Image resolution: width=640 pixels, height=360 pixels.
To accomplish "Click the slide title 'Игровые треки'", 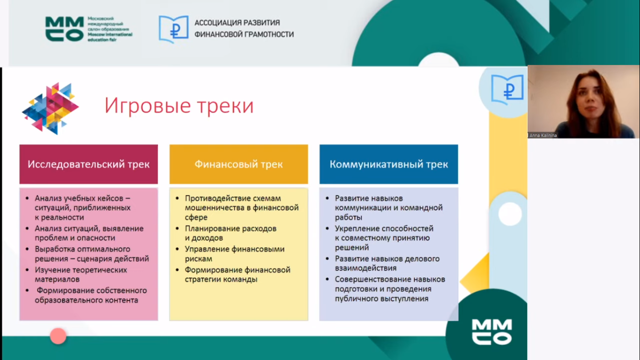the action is pyautogui.click(x=179, y=106).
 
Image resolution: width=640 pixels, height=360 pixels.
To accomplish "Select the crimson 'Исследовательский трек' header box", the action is pyautogui.click(x=89, y=164).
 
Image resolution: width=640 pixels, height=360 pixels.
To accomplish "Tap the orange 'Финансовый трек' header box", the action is pyautogui.click(x=238, y=164).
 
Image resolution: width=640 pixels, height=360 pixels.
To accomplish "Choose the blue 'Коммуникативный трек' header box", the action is pyautogui.click(x=388, y=164).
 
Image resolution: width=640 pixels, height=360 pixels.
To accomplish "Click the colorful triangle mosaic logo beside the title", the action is pyautogui.click(x=50, y=108).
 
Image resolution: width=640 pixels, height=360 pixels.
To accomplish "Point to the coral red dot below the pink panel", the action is pyautogui.click(x=58, y=336).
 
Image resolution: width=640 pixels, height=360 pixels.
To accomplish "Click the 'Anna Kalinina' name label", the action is pyautogui.click(x=543, y=135).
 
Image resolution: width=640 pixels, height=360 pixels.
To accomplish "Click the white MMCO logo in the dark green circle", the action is pyautogui.click(x=492, y=332).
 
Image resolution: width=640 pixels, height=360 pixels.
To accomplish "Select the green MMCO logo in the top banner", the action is pyautogui.click(x=65, y=29).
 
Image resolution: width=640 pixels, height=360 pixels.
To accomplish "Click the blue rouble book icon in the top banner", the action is pyautogui.click(x=174, y=29).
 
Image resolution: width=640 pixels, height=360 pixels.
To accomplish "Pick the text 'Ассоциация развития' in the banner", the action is pyautogui.click(x=237, y=22).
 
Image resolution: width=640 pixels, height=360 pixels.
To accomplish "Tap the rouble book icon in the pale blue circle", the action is pyautogui.click(x=507, y=89).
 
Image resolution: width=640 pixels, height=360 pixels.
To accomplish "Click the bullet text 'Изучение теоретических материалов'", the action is pyautogui.click(x=81, y=275).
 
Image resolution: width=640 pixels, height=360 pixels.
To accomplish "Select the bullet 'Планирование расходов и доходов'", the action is pyautogui.click(x=231, y=233).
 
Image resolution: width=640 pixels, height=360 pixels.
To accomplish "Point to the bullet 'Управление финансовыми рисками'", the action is pyautogui.click(x=235, y=254).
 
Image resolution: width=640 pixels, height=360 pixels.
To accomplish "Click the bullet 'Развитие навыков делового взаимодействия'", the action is pyautogui.click(x=387, y=263).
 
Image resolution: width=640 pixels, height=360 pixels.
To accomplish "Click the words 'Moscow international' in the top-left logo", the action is pyautogui.click(x=110, y=35).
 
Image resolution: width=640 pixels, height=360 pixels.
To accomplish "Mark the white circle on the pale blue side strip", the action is pyautogui.click(x=510, y=214).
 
